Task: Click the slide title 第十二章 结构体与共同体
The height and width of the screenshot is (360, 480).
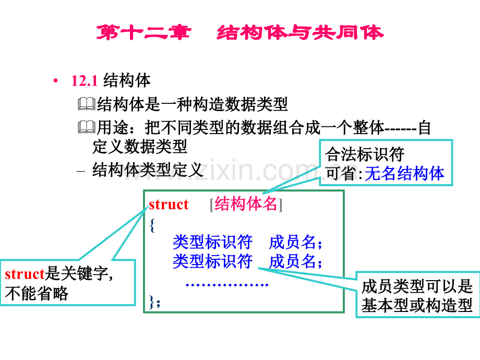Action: (240, 32)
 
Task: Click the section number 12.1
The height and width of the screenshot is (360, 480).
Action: (84, 81)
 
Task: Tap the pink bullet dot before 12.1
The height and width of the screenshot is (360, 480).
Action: (55, 81)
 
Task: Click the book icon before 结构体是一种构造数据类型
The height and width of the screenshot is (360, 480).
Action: (87, 104)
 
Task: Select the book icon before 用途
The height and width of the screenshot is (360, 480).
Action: (87, 127)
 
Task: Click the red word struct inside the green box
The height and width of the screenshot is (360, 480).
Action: (169, 205)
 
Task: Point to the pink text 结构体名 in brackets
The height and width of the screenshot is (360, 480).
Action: (246, 203)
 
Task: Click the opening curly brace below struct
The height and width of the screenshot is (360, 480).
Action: (152, 225)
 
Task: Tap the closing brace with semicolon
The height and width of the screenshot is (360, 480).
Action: (154, 302)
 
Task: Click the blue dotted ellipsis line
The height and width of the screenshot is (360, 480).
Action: (227, 285)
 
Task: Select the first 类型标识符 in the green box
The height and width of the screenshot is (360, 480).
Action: (212, 242)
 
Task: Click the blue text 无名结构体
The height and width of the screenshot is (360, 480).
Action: (404, 174)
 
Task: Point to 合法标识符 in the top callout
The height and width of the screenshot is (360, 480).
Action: (365, 154)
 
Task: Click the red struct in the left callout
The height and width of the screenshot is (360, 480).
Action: (25, 274)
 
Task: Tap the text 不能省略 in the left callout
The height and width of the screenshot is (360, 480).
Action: (37, 294)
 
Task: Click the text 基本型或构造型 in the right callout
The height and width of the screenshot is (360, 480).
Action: (417, 306)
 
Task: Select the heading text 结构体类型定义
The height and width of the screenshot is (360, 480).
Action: (148, 170)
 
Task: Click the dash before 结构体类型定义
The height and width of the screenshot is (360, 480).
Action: (81, 171)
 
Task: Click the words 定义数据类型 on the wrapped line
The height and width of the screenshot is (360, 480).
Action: (140, 146)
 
